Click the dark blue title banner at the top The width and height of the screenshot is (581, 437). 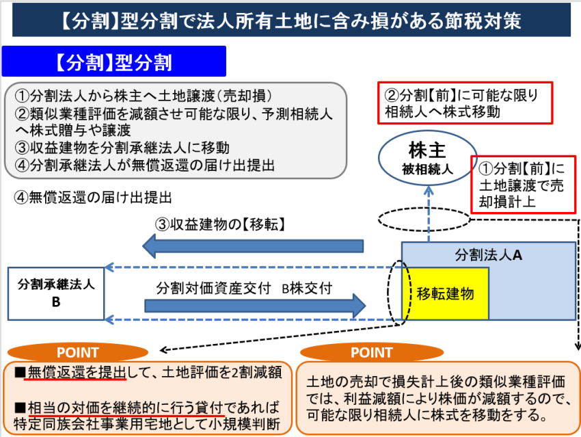(x=291, y=20)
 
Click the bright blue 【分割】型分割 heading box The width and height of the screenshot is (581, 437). (x=113, y=62)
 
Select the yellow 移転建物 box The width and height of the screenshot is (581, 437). (x=446, y=293)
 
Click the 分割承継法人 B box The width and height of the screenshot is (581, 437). (x=56, y=293)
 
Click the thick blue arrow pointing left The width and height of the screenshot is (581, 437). (x=252, y=246)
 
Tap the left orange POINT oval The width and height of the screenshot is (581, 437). (x=78, y=353)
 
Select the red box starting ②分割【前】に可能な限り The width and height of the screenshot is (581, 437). (x=464, y=103)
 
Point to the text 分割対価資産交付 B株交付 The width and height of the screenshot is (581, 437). (x=244, y=288)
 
